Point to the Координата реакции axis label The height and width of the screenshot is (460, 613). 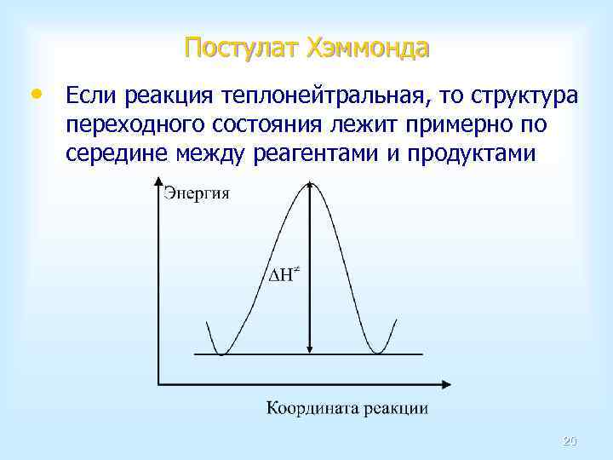(x=347, y=408)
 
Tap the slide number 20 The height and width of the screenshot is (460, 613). (x=570, y=441)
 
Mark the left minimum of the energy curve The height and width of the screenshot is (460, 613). (x=221, y=353)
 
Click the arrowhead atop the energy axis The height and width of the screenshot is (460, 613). (x=158, y=180)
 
